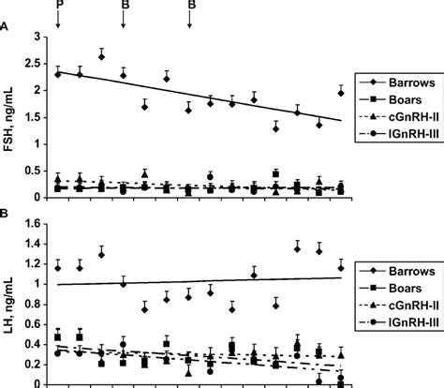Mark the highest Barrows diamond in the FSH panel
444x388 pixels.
click(x=101, y=56)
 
